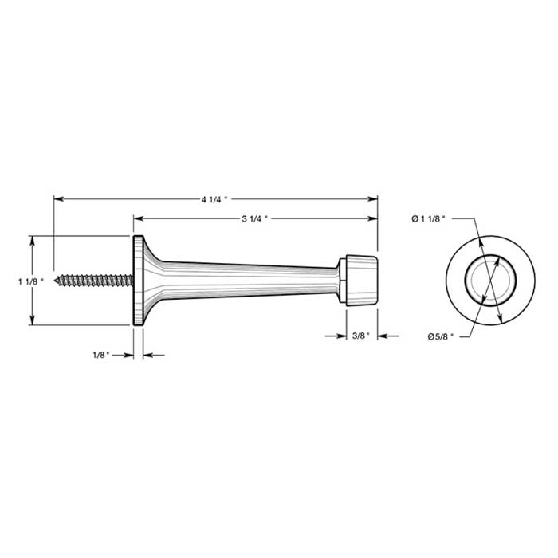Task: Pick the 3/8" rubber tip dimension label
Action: click(x=360, y=336)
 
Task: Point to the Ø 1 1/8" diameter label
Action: click(x=428, y=217)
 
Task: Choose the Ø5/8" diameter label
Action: click(x=440, y=337)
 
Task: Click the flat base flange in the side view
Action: click(x=138, y=280)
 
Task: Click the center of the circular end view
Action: click(x=490, y=280)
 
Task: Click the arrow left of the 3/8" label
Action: click(x=337, y=336)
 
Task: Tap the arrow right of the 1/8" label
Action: click(x=149, y=356)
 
